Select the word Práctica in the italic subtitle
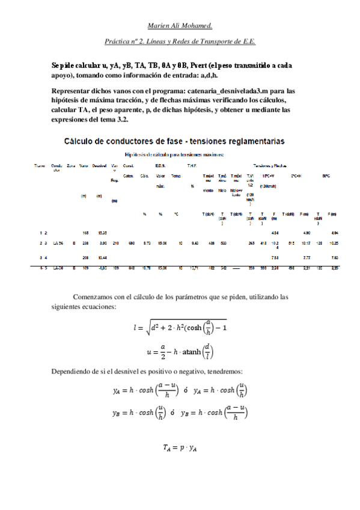117,43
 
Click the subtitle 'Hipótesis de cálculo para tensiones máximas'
174,155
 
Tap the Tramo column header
40,165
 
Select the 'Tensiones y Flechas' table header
270,165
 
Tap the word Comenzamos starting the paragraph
96,297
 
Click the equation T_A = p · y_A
180,447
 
